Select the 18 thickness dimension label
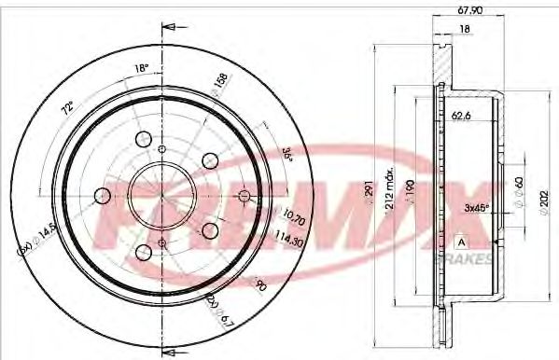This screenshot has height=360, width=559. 464,32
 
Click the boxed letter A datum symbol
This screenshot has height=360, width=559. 460,243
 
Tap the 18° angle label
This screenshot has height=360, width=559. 142,68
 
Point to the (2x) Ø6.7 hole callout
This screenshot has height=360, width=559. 219,308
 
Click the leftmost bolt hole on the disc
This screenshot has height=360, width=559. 101,195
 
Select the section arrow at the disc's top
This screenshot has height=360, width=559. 169,27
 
